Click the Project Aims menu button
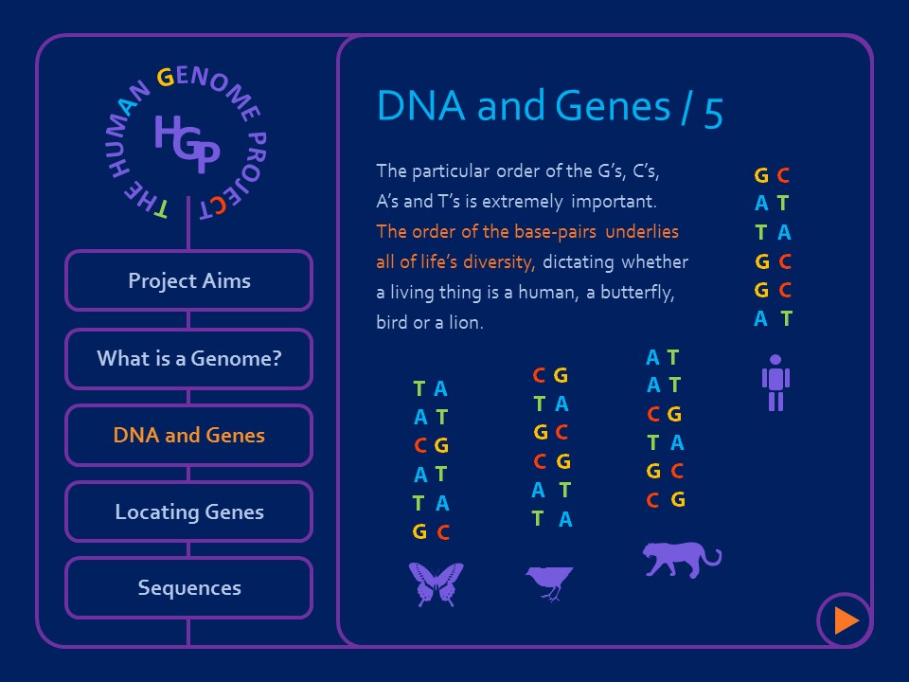click(188, 281)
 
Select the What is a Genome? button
click(188, 359)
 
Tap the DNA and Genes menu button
click(188, 436)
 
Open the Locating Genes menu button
click(188, 512)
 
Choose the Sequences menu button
click(188, 588)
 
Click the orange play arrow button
click(845, 620)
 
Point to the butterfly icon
click(436, 583)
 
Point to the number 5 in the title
click(713, 111)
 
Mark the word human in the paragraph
click(543, 293)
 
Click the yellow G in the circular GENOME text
click(165, 79)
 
